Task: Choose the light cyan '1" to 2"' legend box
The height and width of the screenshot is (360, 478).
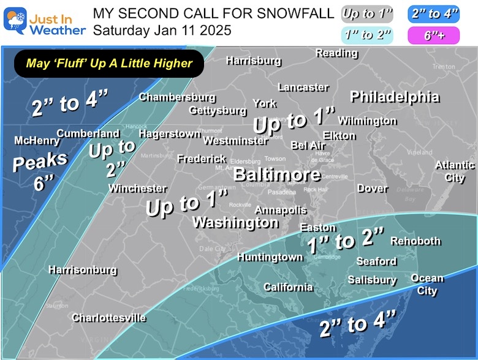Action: pos(367,35)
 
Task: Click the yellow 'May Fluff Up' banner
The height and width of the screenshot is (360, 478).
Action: pos(109,62)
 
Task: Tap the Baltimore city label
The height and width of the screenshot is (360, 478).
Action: pos(277,174)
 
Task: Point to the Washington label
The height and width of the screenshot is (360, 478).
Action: pos(235,222)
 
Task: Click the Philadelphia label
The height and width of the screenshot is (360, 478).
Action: pos(394,97)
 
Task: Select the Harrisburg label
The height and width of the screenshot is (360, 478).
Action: pos(253,61)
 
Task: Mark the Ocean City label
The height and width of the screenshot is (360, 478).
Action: pos(427,284)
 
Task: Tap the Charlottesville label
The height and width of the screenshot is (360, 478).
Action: pos(108,318)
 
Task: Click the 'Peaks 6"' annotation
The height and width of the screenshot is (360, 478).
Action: pos(40,171)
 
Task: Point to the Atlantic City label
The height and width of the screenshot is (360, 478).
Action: pos(455,171)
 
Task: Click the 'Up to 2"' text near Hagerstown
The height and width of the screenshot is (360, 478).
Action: pos(111,156)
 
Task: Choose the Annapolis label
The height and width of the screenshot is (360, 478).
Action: pos(280,210)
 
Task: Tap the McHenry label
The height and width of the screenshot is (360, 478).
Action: pos(37,141)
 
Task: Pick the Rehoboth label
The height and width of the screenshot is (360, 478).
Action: pos(415,241)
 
